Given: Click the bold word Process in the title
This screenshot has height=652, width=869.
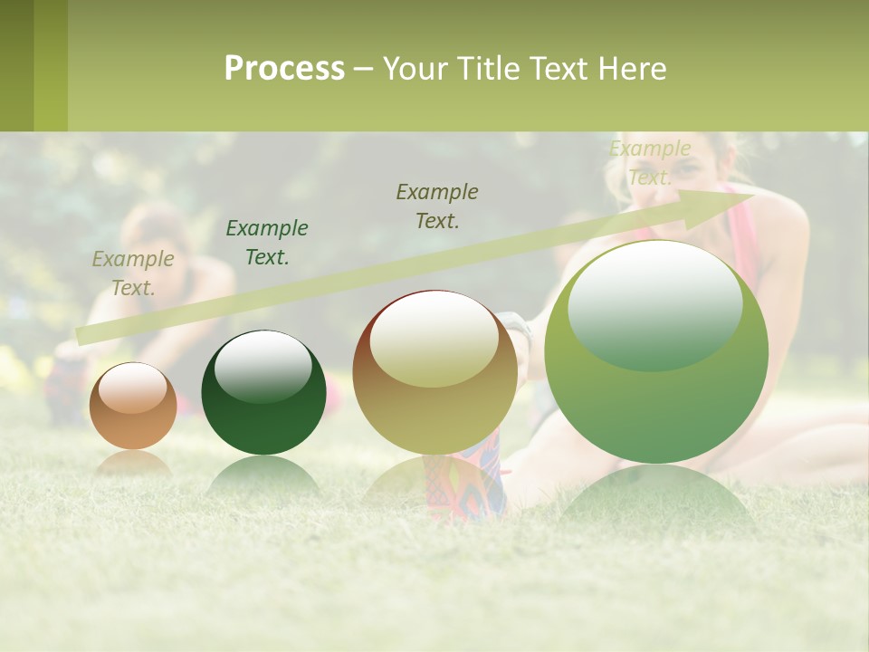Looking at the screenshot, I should point(284,69).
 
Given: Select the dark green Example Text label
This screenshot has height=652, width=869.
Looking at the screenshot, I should point(267,243).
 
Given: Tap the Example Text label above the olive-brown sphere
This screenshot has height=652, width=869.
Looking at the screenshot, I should point(437,206).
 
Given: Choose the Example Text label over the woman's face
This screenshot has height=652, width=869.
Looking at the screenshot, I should point(650,163).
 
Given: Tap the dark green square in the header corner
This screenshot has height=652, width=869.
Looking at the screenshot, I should point(16,65).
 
